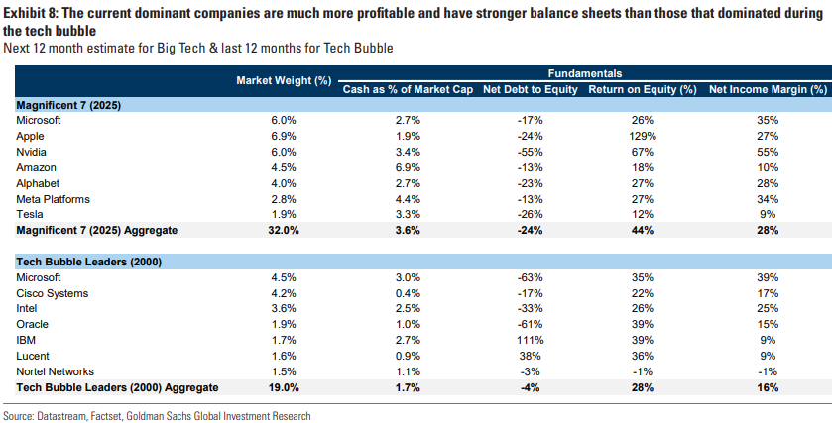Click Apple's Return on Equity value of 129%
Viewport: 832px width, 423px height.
pyautogui.click(x=642, y=135)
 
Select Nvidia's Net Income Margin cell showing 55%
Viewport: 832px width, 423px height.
pyautogui.click(x=769, y=151)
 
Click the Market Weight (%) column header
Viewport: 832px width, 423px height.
pyautogui.click(x=283, y=80)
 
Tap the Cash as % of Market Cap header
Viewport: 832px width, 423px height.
pyautogui.click(x=408, y=88)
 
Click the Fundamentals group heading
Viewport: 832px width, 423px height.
pyautogui.click(x=585, y=73)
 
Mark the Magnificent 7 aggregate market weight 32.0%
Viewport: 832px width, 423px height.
pyautogui.click(x=284, y=230)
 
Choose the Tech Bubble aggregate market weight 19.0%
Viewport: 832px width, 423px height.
pyautogui.click(x=284, y=387)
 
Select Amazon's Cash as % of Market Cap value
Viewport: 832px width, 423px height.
pyautogui.click(x=408, y=166)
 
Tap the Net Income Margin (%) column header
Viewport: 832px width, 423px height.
pyautogui.click(x=769, y=88)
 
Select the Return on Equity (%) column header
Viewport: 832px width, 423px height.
pyautogui.click(x=642, y=88)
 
